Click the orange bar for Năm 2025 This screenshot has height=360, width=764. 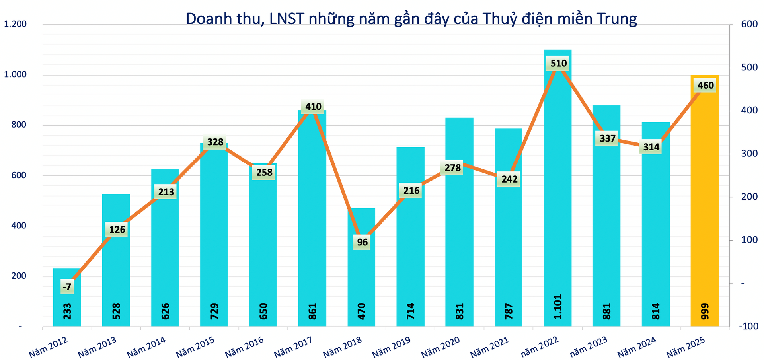tap(704, 199)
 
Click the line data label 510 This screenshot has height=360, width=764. tap(558, 63)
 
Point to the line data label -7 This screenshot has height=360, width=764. tap(67, 287)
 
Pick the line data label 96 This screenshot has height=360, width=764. tap(362, 242)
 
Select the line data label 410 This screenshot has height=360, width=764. tap(313, 107)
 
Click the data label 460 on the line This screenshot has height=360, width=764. tap(706, 86)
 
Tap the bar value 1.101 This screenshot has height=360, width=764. tap(558, 307)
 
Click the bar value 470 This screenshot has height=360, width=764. tap(362, 311)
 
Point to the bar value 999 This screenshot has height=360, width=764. tap(705, 311)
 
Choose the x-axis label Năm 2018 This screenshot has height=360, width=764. tap(342, 346)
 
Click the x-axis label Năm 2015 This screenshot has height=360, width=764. tap(195, 346)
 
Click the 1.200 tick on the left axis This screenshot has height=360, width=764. tap(15, 24)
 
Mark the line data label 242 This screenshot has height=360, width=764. tap(509, 179)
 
